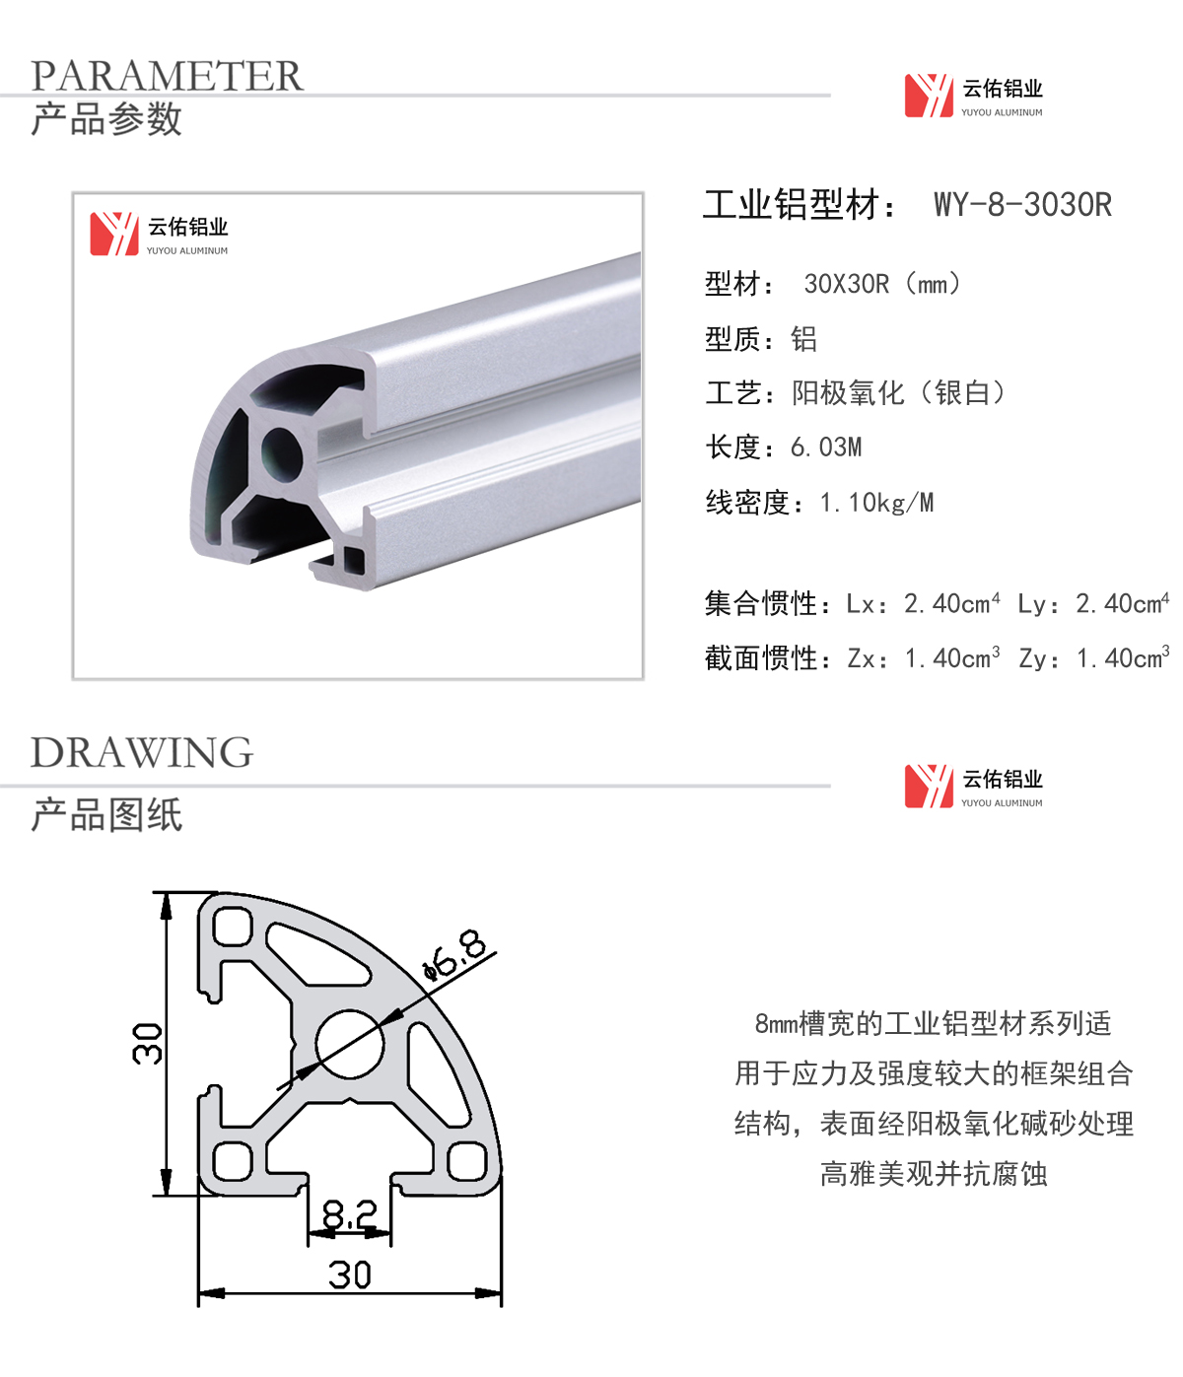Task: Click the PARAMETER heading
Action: (167, 75)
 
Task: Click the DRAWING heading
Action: (142, 752)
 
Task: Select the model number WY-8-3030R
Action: (1022, 204)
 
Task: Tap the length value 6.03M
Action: (826, 448)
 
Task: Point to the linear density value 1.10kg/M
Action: (876, 503)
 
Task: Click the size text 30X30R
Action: (847, 284)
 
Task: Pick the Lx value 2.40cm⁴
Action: (951, 603)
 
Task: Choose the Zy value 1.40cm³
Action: (1123, 657)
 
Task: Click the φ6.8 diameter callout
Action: (454, 955)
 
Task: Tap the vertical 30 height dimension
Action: (147, 1043)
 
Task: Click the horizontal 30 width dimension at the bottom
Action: (349, 1275)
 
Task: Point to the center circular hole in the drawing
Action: (349, 1044)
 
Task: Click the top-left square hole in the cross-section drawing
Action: (232, 926)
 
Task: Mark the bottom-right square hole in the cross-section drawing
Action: (466, 1161)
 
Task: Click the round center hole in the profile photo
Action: (281, 454)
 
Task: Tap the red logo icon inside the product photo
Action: (114, 234)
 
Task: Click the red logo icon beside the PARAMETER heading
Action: (929, 96)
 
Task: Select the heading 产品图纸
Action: (106, 814)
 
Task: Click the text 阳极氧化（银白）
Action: (898, 392)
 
